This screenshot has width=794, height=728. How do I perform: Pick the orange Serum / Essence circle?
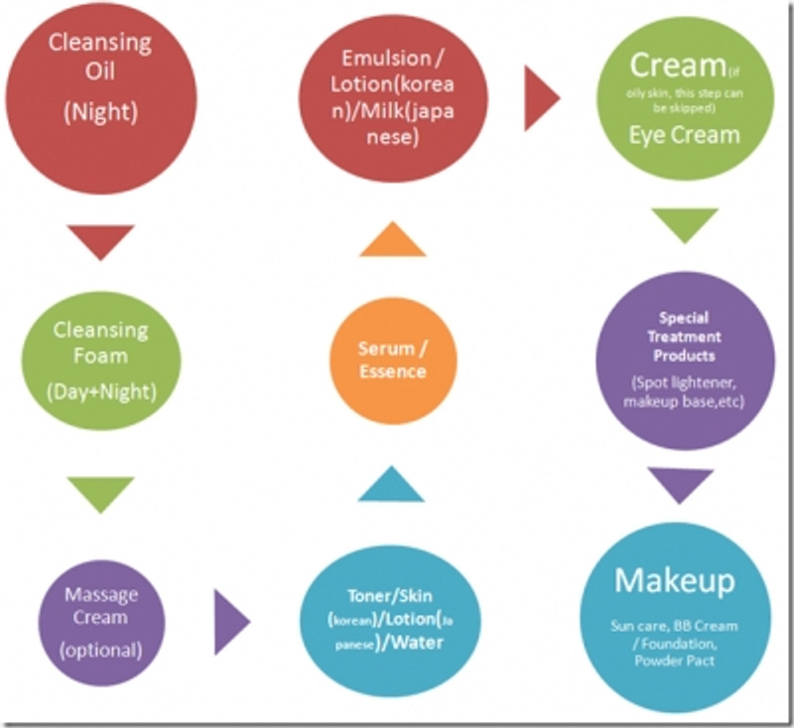(392, 361)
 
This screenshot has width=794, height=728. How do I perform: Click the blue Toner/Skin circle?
(392, 620)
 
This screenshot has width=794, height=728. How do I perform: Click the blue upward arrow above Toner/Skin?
(391, 486)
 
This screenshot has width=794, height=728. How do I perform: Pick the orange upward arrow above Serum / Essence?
(392, 239)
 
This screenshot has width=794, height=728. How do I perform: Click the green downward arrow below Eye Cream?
(685, 224)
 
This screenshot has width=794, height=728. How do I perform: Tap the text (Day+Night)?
(99, 391)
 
